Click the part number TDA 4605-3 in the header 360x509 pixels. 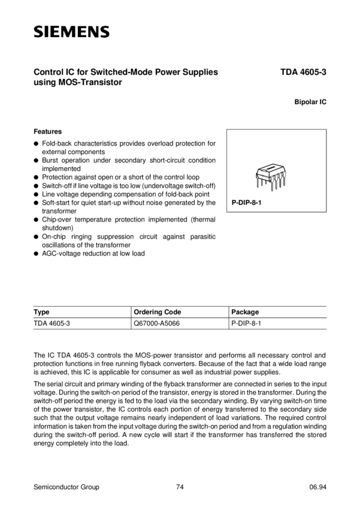302,73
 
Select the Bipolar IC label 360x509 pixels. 310,102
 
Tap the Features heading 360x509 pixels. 48,131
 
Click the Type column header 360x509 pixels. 41,312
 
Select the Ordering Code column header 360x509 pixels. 157,312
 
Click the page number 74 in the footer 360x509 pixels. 180,487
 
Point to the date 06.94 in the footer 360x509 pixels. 317,487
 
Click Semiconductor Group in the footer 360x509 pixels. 66,487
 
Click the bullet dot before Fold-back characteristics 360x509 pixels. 37,144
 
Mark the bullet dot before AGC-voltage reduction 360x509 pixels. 37,253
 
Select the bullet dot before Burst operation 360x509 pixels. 37,160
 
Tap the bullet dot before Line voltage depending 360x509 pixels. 37,195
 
